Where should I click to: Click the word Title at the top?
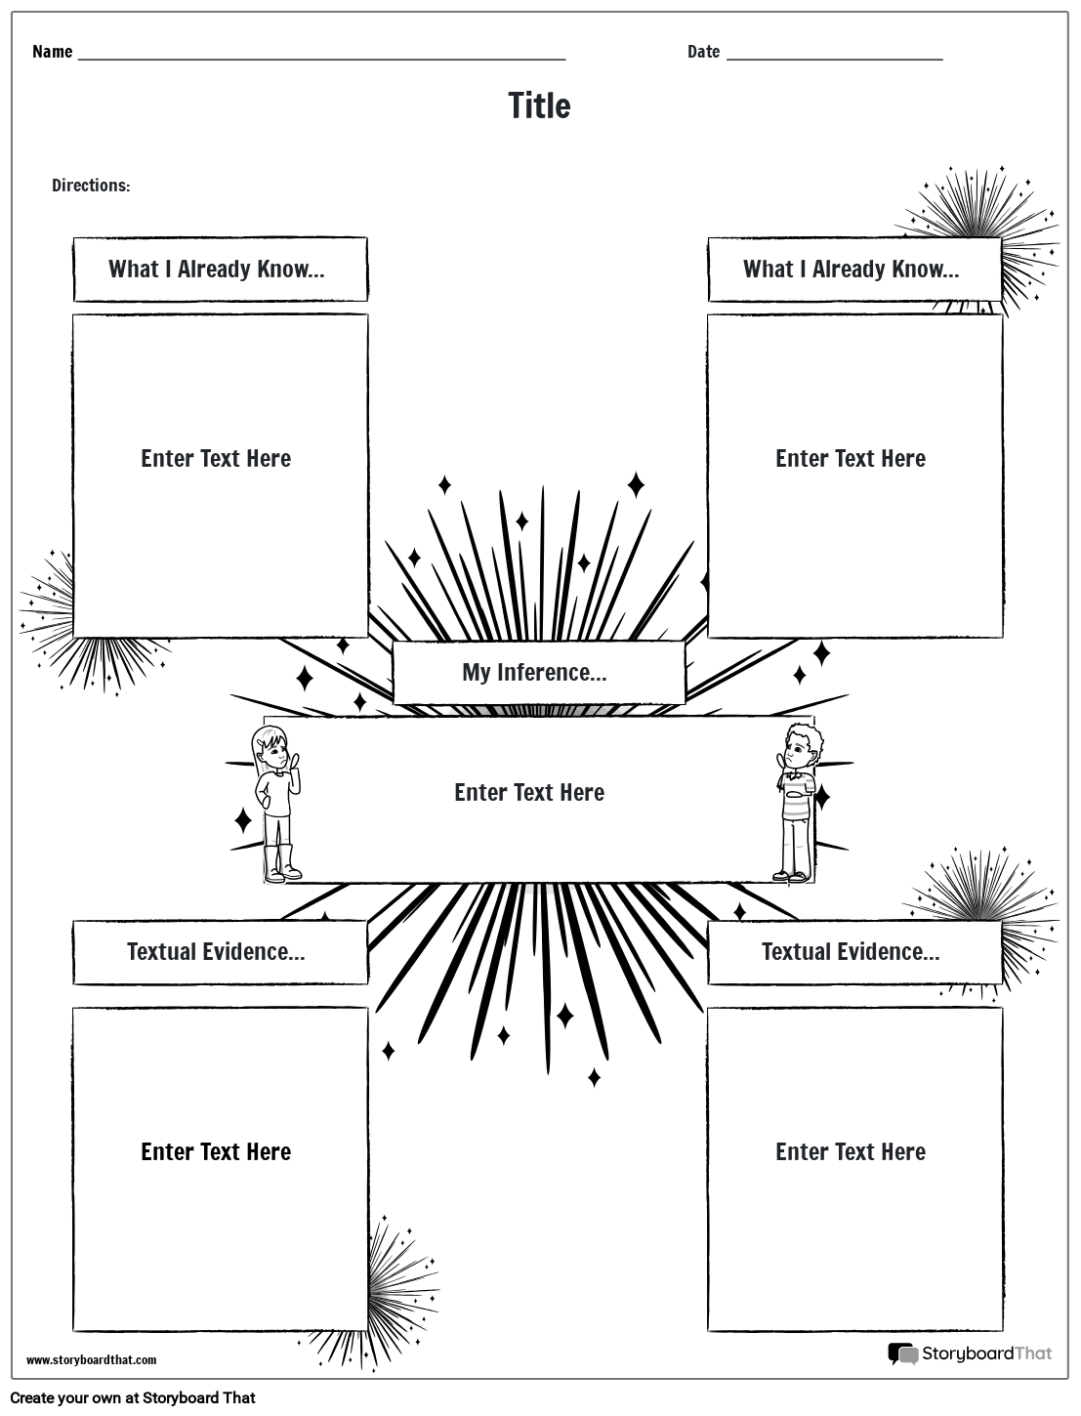point(539,105)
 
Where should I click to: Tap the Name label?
point(52,52)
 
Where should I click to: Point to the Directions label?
point(91,186)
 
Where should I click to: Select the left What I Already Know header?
point(217,270)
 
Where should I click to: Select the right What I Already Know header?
point(852,270)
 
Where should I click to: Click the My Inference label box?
point(535,672)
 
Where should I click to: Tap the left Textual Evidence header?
point(217,952)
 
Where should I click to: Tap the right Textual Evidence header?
point(852,952)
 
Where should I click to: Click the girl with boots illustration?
point(277,801)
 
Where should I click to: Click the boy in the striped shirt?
point(797,801)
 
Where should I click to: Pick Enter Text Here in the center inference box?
point(529,792)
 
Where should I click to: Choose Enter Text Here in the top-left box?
point(216,459)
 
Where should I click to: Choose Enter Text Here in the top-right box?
point(851,459)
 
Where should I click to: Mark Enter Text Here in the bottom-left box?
point(216,1152)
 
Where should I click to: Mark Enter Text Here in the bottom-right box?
point(851,1152)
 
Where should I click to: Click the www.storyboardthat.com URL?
point(91,1360)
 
